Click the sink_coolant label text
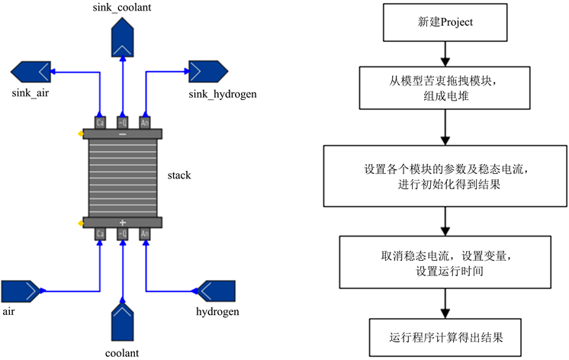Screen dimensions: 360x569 pyautogui.click(x=122, y=8)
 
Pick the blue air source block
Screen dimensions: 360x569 pyautogui.click(x=21, y=291)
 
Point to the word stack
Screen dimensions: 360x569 pyautogui.click(x=179, y=175)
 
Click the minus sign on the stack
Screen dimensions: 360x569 pyautogui.click(x=123, y=133)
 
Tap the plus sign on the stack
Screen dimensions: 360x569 pyautogui.click(x=123, y=221)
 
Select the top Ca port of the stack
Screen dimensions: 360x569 pyautogui.click(x=100, y=122)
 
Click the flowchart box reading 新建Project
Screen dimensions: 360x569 pyautogui.click(x=445, y=23)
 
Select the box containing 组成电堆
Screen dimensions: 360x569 pyautogui.click(x=445, y=88)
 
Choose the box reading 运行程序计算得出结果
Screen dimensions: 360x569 pyautogui.click(x=445, y=335)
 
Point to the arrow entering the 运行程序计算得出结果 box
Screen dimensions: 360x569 pyautogui.click(x=445, y=305)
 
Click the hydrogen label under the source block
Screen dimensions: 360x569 pyautogui.click(x=218, y=313)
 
